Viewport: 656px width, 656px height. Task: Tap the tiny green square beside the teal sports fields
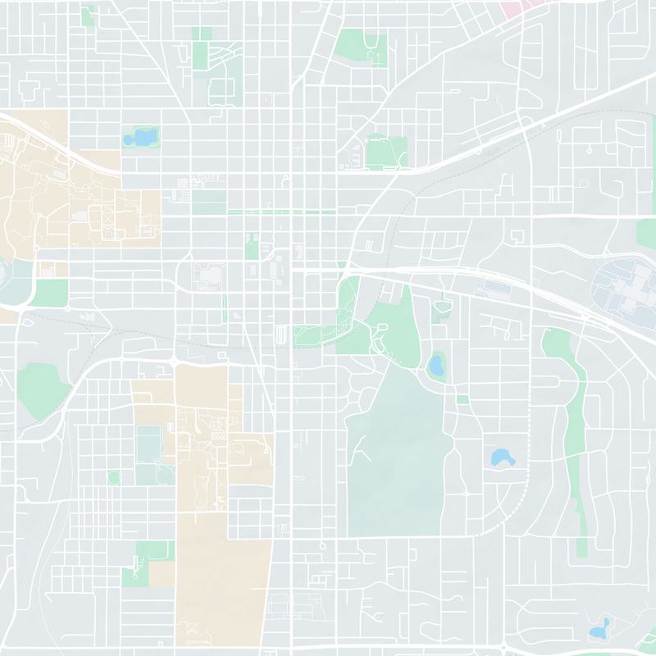coord(114,476)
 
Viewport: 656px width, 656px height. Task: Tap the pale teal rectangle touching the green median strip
coord(209,201)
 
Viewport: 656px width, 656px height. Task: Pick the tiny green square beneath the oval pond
coord(462,399)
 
